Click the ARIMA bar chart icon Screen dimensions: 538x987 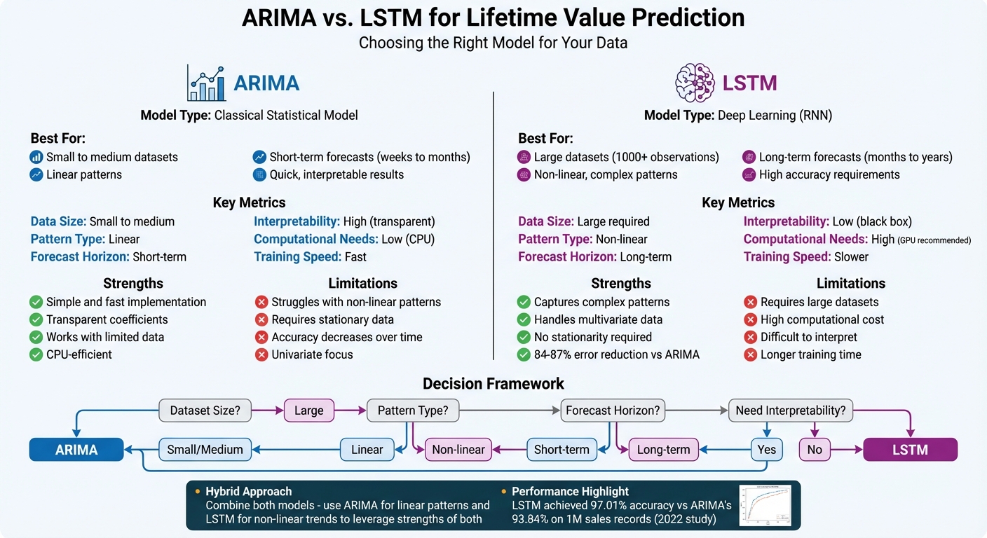206,83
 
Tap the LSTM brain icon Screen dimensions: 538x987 694,83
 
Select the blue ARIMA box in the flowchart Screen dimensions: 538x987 76,450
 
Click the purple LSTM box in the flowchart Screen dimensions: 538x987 910,450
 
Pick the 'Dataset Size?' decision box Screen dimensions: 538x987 205,411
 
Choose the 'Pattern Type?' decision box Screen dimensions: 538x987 413,411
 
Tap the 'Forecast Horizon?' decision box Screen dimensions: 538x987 613,411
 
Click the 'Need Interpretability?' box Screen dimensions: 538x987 791,411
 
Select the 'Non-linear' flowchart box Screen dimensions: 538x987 458,450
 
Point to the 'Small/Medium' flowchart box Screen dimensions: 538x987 205,450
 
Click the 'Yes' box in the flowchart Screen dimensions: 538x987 767,450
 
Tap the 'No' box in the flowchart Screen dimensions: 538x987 815,450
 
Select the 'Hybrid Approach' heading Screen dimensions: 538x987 248,491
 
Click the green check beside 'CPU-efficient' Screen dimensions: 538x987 36,354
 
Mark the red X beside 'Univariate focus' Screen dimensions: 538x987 261,354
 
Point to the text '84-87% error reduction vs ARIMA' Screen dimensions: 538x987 617,354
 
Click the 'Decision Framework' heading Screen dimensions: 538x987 493,384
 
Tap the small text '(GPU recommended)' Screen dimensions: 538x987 934,241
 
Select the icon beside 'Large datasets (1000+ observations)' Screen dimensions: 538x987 524,158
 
